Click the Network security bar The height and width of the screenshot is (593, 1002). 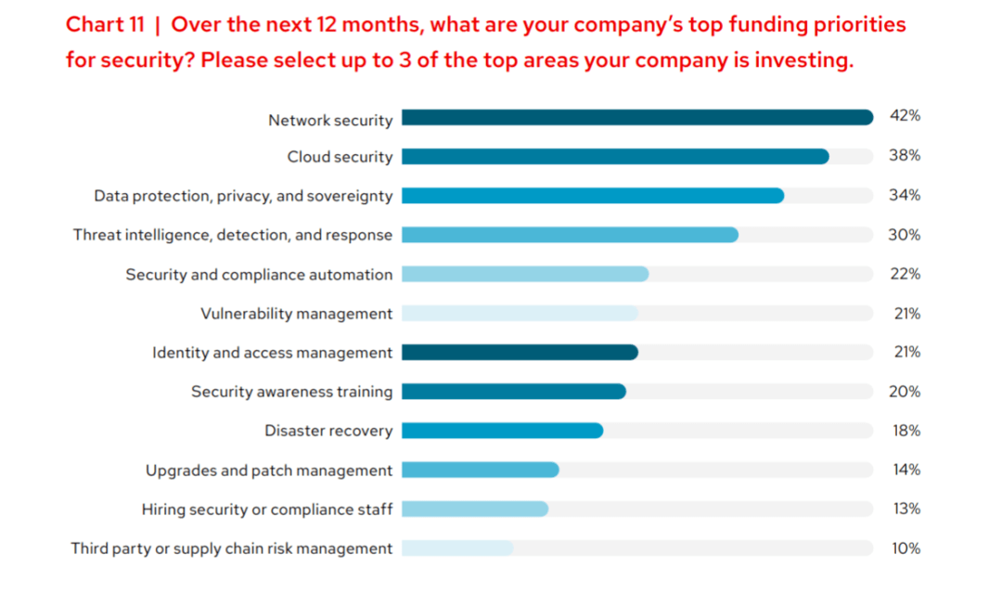(637, 118)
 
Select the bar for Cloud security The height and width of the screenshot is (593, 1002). (615, 157)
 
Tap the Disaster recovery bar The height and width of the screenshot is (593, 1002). (502, 431)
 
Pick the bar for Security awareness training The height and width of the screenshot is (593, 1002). (514, 392)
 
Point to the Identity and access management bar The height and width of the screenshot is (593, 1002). (520, 353)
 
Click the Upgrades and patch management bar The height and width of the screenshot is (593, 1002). (480, 470)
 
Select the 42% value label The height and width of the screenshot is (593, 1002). (905, 116)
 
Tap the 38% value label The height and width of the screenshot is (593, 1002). (905, 156)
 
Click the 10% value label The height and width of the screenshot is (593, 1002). (906, 548)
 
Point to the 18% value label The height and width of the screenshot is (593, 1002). (905, 431)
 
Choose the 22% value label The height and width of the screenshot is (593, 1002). (905, 274)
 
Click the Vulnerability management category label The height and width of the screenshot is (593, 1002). (297, 314)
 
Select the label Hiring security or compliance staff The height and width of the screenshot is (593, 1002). (267, 509)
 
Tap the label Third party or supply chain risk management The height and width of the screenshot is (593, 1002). (232, 548)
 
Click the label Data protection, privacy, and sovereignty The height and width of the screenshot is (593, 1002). (243, 196)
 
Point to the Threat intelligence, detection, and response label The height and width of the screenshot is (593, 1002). (233, 235)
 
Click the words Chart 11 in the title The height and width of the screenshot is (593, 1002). (105, 25)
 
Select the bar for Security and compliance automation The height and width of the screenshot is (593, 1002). (525, 274)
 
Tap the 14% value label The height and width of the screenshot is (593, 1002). (906, 470)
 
